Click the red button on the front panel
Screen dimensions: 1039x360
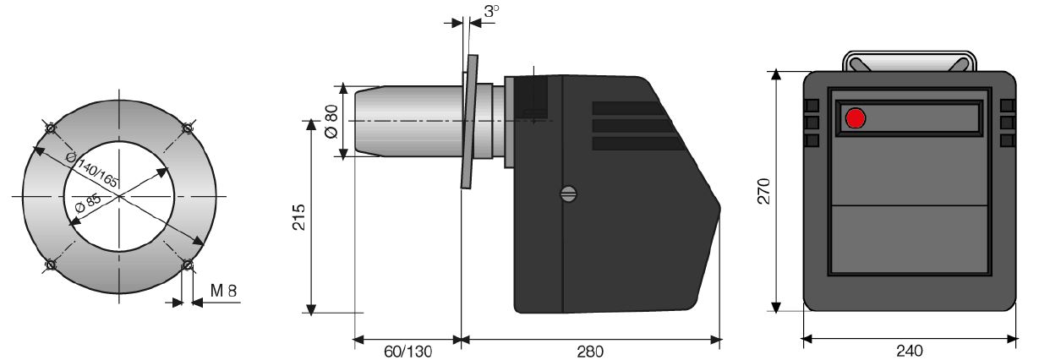856,117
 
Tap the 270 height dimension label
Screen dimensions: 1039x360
763,191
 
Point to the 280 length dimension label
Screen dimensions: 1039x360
590,352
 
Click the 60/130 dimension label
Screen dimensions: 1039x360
408,352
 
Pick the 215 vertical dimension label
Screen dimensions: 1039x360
298,216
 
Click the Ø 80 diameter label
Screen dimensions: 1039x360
331,122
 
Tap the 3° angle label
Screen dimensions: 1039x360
492,11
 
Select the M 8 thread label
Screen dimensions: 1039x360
223,291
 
